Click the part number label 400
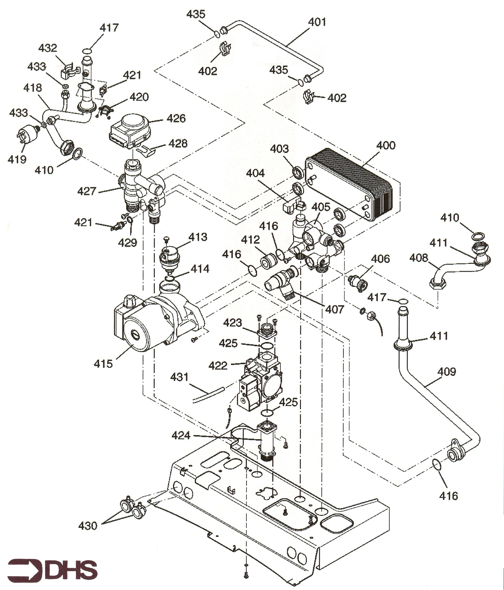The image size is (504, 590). tap(386, 146)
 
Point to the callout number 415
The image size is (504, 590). tap(103, 364)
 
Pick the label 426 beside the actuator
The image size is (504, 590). tap(176, 118)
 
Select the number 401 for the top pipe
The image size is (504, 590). tap(317, 22)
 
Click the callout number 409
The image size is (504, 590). tap(446, 372)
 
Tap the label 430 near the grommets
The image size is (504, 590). tap(88, 526)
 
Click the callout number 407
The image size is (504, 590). tap(335, 309)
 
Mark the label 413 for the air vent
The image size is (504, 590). tap(198, 237)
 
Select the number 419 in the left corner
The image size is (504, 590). tap(17, 160)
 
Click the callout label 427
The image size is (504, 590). tap(87, 191)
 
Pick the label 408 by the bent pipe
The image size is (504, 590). tap(419, 258)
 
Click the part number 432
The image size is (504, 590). tap(48, 48)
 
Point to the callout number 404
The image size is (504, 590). tap(255, 173)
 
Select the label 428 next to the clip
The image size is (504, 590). tap(178, 144)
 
